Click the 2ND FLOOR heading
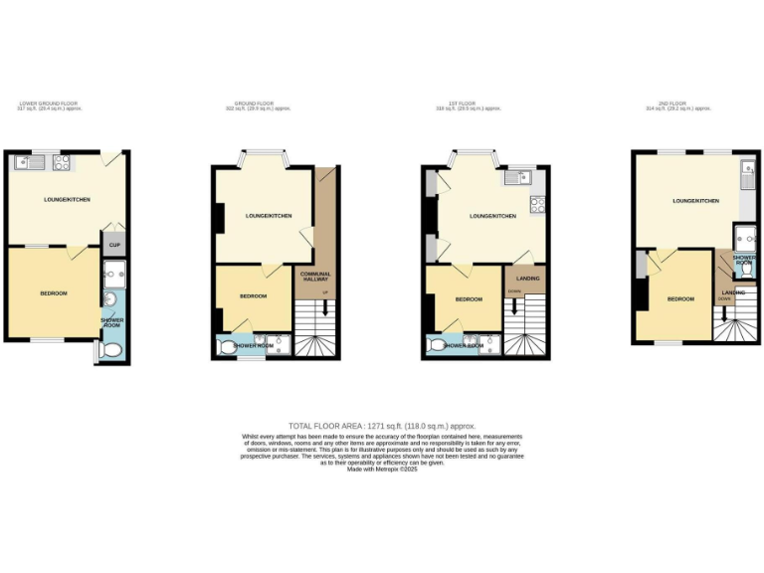pyautogui.click(x=673, y=103)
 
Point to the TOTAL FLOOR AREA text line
pyautogui.click(x=382, y=426)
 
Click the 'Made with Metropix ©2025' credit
pyautogui.click(x=382, y=470)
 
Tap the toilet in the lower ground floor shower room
pyautogui.click(x=111, y=351)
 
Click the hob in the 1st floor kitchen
pyautogui.click(x=537, y=205)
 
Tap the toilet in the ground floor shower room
pyautogui.click(x=228, y=347)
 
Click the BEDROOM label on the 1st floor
pyautogui.click(x=469, y=299)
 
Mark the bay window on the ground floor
pyautogui.click(x=264, y=156)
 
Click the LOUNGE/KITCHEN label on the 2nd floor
pyautogui.click(x=695, y=201)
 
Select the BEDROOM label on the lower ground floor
pyautogui.click(x=53, y=293)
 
